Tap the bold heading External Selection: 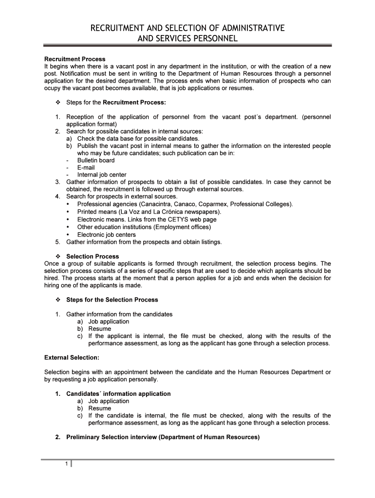coord(72,357)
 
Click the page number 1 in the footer coord(66,463)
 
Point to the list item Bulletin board coord(96,160)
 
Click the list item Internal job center coord(102,175)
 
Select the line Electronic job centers coord(107,234)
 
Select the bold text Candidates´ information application coord(118,393)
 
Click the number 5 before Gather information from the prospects coord(57,242)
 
